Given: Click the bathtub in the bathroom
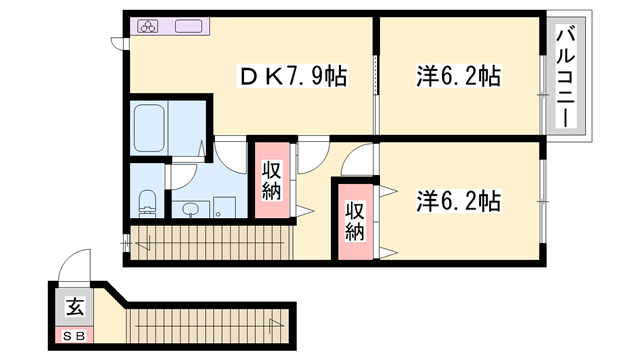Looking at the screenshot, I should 154,127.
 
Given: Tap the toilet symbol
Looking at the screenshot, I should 145,202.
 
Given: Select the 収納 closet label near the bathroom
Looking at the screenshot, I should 271,179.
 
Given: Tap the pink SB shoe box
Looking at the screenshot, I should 75,336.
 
